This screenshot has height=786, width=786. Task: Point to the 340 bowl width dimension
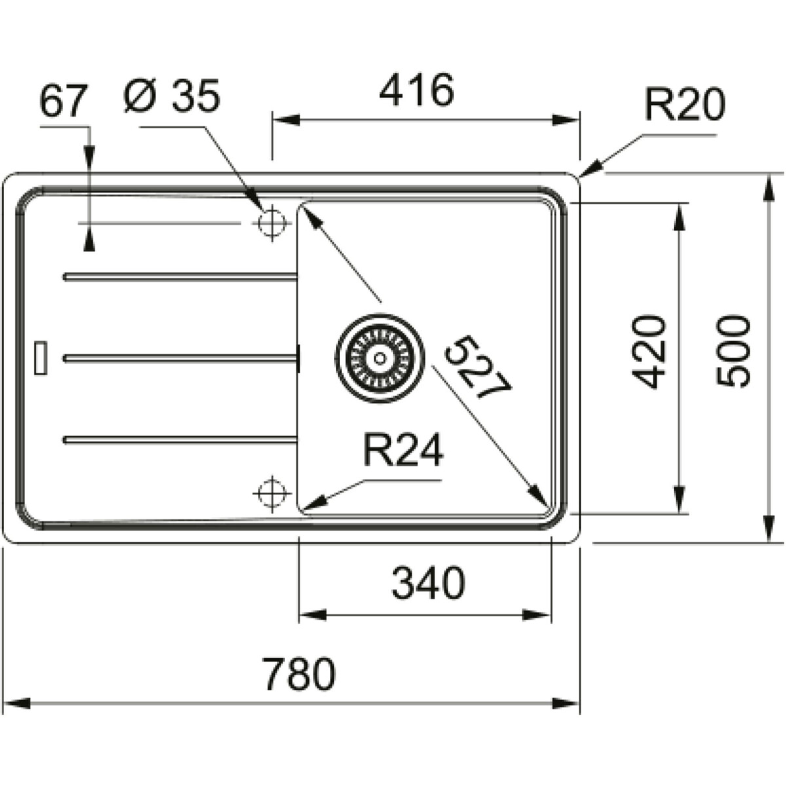428,582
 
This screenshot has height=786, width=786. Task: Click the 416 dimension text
416,90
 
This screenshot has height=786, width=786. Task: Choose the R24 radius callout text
403,449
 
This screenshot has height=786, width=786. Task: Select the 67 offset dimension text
64,100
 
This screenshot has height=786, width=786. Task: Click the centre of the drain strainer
380,358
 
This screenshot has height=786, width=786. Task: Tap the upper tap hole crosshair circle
272,223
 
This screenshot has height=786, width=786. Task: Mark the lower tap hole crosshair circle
272,494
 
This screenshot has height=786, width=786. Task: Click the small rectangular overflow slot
41,358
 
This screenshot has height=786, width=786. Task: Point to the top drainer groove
180,277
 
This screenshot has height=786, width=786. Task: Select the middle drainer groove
180,358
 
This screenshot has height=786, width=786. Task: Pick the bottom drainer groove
180,440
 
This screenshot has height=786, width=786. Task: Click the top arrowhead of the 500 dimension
768,187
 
